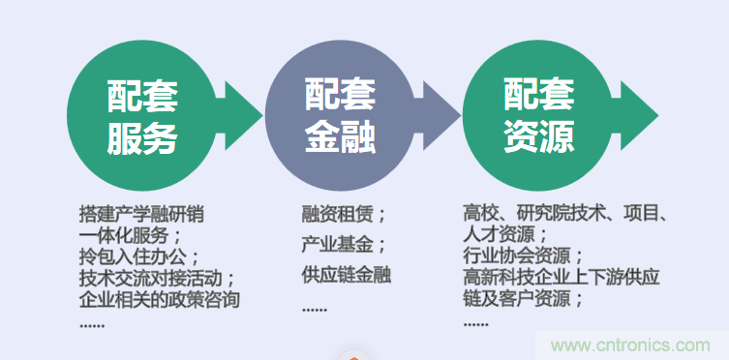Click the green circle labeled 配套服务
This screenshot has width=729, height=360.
pos(141,117)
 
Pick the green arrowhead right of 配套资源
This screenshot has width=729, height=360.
pos(638,117)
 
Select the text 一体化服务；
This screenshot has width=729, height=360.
pos(130,235)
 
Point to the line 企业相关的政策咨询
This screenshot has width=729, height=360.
pos(159,299)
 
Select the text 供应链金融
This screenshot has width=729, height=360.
pos(346,276)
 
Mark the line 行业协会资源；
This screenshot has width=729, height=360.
pos(524,256)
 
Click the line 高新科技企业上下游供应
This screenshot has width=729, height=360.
pos(562,278)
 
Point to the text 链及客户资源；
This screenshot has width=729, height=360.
pos(524,299)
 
